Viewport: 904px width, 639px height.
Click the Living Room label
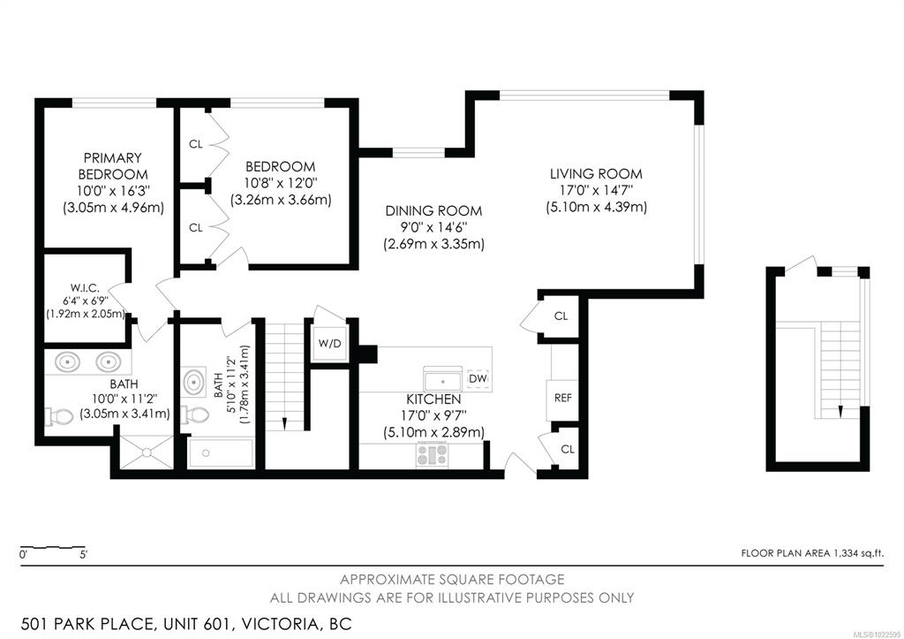tap(596, 174)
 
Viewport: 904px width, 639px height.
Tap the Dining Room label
tap(433, 211)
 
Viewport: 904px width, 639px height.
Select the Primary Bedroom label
tap(113, 166)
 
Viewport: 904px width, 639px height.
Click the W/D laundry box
tap(330, 344)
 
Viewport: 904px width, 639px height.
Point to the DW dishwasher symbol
tap(478, 378)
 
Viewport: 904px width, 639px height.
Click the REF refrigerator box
tap(562, 399)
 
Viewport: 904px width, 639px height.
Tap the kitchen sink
tap(443, 379)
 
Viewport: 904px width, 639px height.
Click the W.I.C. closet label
tap(86, 287)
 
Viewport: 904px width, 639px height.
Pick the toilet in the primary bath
tap(60, 415)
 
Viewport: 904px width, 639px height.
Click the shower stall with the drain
tap(146, 452)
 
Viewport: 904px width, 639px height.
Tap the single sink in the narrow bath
tap(194, 382)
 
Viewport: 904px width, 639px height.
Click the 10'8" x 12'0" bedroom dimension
tap(281, 184)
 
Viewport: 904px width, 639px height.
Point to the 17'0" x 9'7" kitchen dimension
tap(433, 415)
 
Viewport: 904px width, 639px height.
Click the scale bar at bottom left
tap(53, 547)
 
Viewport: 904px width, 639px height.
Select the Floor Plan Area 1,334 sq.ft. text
tap(812, 553)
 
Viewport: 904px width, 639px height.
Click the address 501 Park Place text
tap(87, 624)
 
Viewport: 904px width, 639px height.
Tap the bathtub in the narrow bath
tap(221, 453)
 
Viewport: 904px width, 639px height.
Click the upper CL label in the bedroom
tap(196, 144)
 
